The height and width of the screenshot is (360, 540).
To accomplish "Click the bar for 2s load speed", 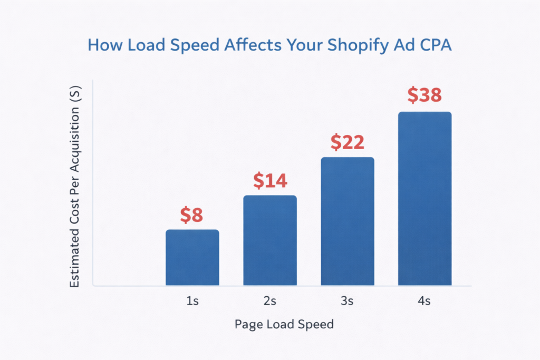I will tap(270, 240).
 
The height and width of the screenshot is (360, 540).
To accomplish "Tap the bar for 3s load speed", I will tap(348, 221).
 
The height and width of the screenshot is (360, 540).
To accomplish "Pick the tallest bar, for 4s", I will tap(425, 199).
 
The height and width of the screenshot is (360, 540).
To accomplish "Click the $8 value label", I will tap(191, 215).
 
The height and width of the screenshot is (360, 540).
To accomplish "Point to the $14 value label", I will tap(270, 181).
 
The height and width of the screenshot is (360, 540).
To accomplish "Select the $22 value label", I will tap(348, 142).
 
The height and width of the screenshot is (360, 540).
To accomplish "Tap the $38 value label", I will tap(425, 95).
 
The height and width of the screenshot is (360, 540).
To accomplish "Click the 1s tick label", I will tap(192, 301).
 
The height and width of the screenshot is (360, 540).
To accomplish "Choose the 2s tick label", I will tap(270, 301).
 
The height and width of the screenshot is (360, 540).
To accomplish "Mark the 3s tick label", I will tap(348, 301).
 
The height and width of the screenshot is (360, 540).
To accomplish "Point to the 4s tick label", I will tap(425, 301).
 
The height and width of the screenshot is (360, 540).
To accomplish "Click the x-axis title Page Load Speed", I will tap(284, 324).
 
